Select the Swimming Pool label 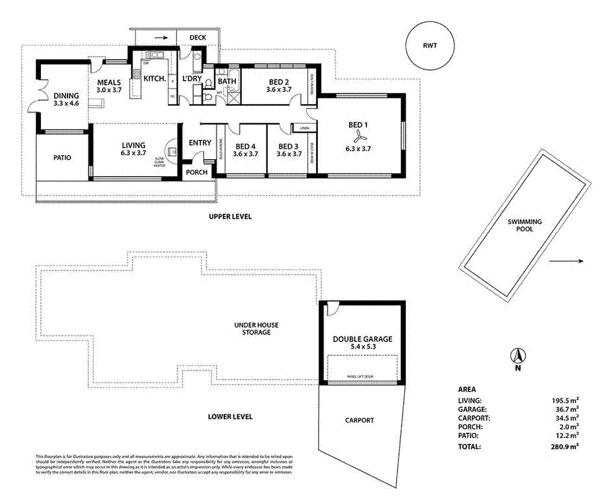(x=525, y=225)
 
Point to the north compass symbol (x=519, y=357)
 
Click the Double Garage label (x=363, y=339)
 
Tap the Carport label (x=359, y=420)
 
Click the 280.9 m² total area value (x=564, y=446)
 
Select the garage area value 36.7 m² (x=566, y=410)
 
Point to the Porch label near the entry (x=197, y=172)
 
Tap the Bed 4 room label (x=245, y=146)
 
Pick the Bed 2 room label (x=279, y=82)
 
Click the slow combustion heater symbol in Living (x=172, y=151)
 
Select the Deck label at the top (x=198, y=38)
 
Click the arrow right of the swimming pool (x=566, y=261)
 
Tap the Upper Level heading (x=230, y=216)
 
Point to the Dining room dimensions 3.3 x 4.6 (x=66, y=103)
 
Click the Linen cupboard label (x=304, y=127)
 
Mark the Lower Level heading (x=230, y=416)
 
